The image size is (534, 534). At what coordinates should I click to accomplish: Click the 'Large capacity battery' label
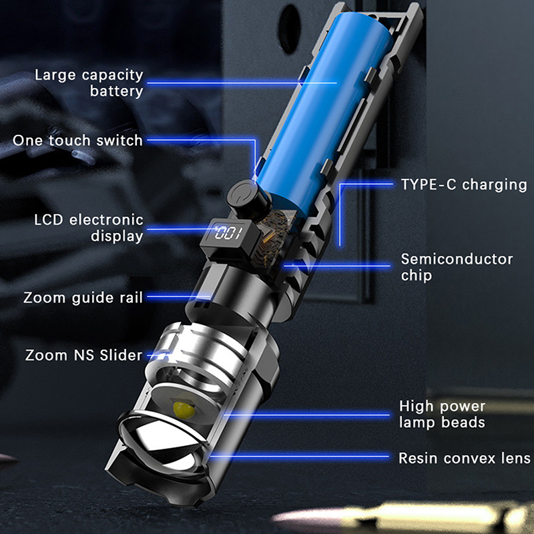[89, 83]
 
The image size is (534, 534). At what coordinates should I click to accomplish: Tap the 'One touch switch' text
[77, 140]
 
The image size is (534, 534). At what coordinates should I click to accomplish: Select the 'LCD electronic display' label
[89, 228]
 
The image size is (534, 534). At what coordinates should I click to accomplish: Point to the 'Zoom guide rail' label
[83, 298]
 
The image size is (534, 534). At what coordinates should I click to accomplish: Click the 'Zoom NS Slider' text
[84, 355]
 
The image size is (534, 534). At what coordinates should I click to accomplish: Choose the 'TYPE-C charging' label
[464, 184]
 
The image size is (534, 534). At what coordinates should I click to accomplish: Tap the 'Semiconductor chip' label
[457, 267]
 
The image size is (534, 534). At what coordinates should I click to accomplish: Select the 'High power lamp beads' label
[442, 414]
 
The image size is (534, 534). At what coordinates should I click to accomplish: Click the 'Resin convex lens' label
[465, 458]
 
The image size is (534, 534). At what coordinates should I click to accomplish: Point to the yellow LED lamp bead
[184, 410]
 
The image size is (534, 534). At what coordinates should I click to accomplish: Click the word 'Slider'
[121, 355]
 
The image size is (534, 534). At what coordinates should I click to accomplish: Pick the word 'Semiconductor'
[457, 259]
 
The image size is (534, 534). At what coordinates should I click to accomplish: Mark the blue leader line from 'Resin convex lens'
[300, 457]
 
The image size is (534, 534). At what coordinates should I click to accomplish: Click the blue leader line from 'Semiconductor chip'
[337, 266]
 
